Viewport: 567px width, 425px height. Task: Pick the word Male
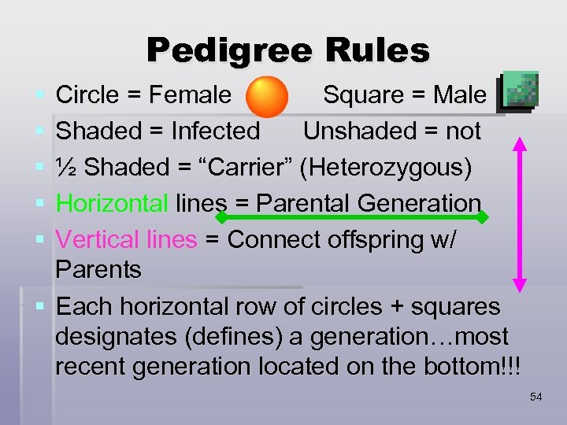pyautogui.click(x=461, y=95)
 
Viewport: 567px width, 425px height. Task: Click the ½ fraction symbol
pyautogui.click(x=66, y=167)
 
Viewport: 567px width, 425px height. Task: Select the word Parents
pyautogui.click(x=98, y=269)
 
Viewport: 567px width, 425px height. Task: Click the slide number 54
pyautogui.click(x=536, y=397)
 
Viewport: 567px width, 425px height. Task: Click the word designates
pyautogui.click(x=122, y=337)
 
